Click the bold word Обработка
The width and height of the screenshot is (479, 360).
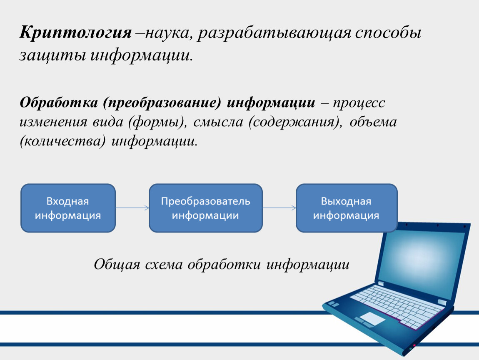pos(59,102)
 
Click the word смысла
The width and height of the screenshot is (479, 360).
pos(218,122)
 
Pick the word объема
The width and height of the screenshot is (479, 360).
pos(373,122)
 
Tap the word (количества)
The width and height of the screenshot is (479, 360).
pos(62,141)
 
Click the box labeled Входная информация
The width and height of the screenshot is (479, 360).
pos(68,208)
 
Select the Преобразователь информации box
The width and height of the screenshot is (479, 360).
pos(206,208)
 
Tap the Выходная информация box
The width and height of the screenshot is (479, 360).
pos(347,208)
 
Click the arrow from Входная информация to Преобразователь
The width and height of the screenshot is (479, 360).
pos(132,208)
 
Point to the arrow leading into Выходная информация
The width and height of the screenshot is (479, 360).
pos(279,208)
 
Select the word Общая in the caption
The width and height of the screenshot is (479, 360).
pos(117,265)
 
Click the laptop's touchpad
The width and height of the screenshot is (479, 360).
pos(372,319)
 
